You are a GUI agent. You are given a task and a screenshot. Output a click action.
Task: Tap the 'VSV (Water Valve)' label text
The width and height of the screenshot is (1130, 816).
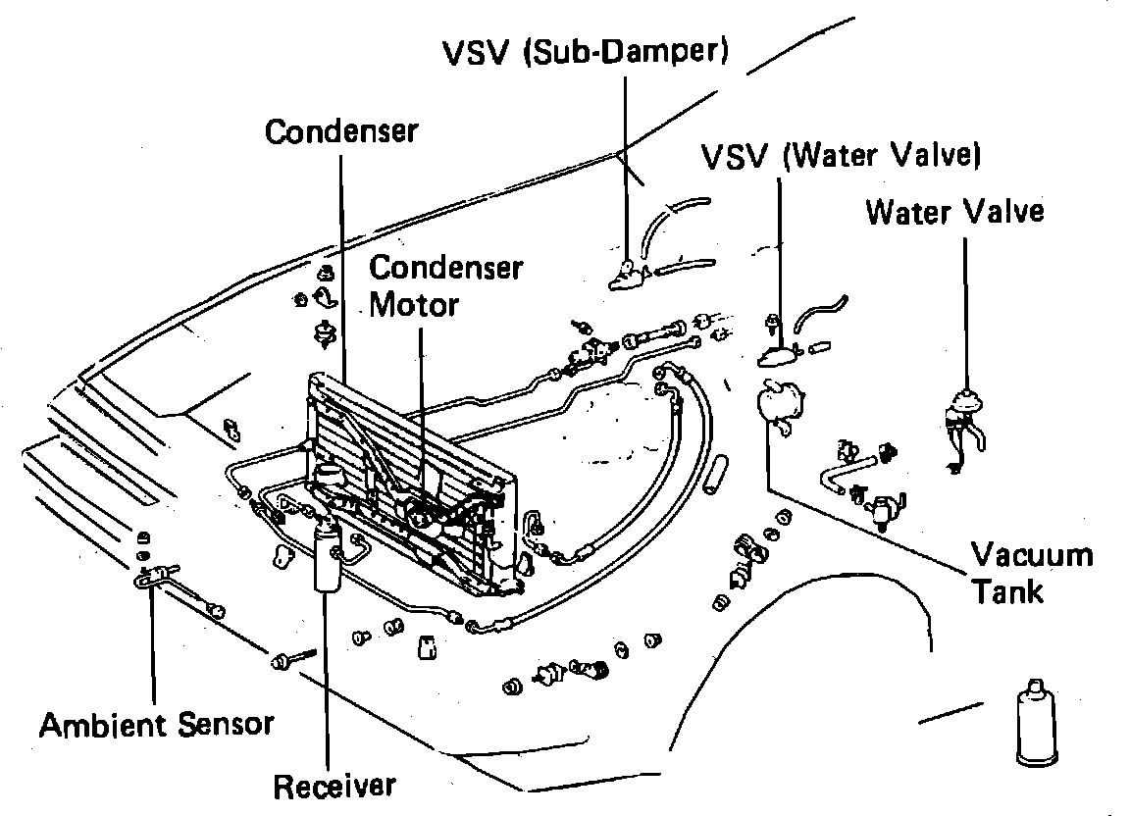point(841,156)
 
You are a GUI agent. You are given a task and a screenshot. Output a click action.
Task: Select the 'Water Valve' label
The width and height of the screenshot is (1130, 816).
point(953,211)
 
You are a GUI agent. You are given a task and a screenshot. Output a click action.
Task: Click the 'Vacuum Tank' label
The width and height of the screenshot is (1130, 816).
point(1030,573)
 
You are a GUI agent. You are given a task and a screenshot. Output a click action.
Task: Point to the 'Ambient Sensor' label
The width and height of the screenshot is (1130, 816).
point(156,725)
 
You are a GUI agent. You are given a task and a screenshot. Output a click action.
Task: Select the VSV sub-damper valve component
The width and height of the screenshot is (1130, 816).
point(626,278)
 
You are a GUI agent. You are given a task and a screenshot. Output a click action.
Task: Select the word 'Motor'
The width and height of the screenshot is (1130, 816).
point(414,304)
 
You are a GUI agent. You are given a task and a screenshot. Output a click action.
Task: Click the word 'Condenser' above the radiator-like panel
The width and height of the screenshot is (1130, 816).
point(341,131)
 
